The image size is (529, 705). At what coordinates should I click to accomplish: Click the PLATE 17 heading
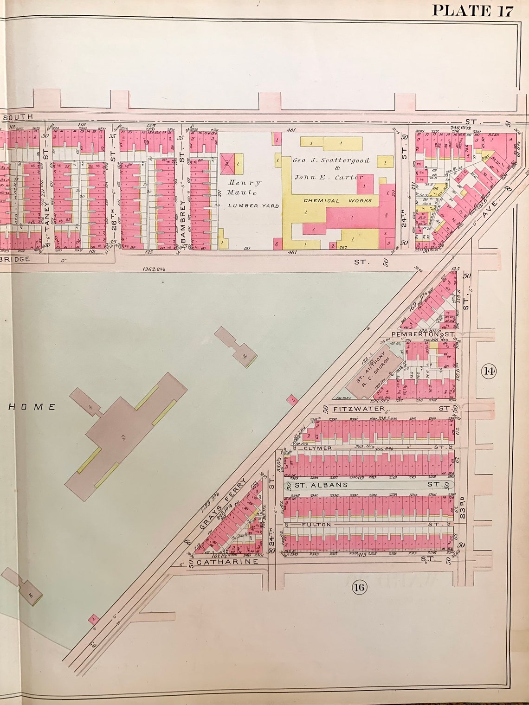click(473, 10)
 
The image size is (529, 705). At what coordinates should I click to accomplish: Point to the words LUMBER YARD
click(253, 205)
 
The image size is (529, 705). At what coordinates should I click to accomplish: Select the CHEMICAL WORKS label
click(337, 200)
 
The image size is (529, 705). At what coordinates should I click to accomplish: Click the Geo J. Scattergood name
click(331, 160)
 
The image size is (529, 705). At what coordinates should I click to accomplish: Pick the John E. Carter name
click(329, 177)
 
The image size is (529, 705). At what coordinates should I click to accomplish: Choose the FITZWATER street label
click(358, 409)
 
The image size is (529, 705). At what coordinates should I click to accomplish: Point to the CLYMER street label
click(317, 448)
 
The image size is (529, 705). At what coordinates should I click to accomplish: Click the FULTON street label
click(317, 525)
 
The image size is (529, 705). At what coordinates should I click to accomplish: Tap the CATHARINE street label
click(226, 562)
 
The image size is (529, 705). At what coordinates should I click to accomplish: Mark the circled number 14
click(489, 371)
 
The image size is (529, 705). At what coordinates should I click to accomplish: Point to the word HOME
click(32, 407)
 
